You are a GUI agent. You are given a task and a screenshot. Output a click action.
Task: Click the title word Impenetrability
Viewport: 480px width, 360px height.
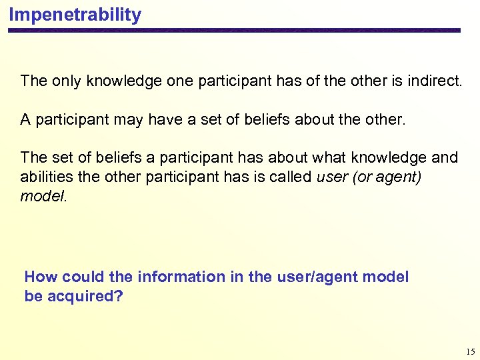[75, 15]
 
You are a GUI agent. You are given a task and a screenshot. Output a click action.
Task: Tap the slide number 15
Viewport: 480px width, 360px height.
[471, 351]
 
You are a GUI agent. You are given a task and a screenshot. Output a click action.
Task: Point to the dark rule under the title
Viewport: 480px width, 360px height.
[234, 31]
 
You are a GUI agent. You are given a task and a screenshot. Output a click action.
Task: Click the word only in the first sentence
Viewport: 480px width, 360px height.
[65, 81]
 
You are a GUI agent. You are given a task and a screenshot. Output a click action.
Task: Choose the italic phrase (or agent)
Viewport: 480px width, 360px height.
[385, 177]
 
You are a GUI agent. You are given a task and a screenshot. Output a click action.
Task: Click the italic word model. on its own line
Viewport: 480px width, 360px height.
[43, 196]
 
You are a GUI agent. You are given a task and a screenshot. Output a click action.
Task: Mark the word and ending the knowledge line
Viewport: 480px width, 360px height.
[445, 158]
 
